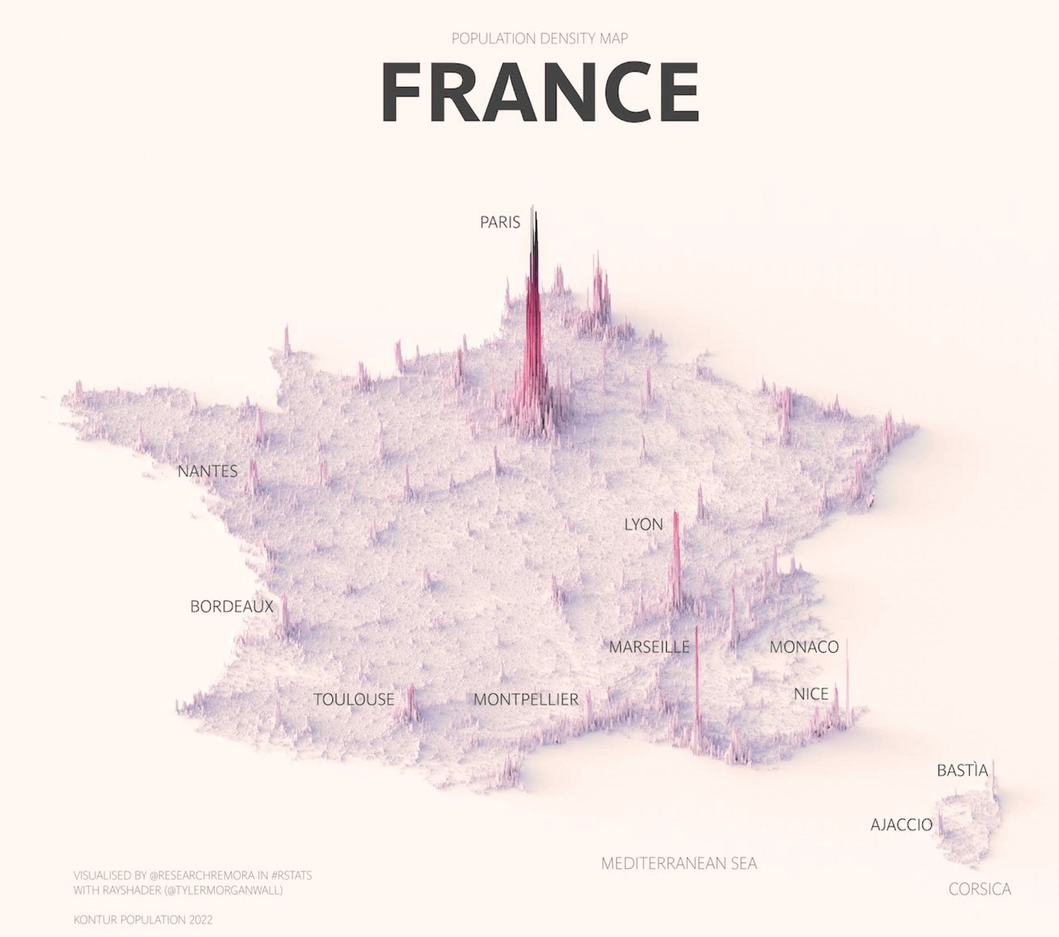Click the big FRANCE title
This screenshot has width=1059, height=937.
click(540, 92)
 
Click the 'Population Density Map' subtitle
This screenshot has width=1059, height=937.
click(540, 39)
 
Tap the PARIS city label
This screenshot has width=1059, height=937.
click(500, 222)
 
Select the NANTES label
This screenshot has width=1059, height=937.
click(208, 471)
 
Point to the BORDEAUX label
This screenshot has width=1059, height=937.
click(232, 606)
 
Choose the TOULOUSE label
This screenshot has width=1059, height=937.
click(354, 699)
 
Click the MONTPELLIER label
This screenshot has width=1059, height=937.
click(526, 699)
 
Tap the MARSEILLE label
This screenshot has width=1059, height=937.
click(649, 647)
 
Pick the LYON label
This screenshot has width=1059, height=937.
click(644, 524)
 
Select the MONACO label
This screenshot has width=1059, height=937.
click(804, 647)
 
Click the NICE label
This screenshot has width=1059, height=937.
click(811, 694)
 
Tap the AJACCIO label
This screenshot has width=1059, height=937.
click(902, 824)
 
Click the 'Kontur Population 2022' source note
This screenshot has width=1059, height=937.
click(143, 920)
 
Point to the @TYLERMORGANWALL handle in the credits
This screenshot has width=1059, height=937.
click(223, 890)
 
